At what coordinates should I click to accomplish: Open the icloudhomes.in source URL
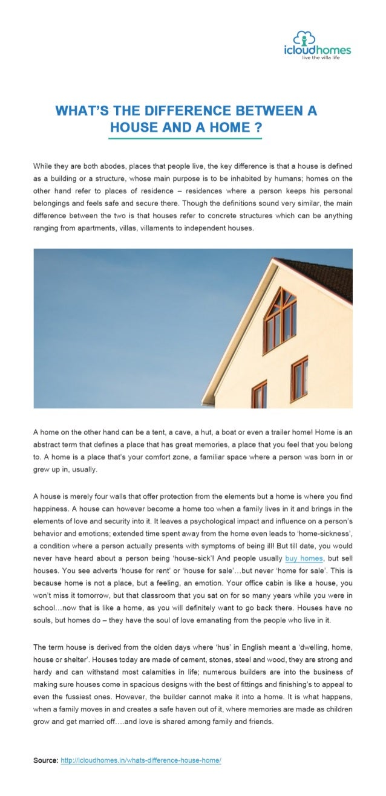[x=141, y=759]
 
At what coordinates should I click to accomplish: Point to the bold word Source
[x=45, y=759]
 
